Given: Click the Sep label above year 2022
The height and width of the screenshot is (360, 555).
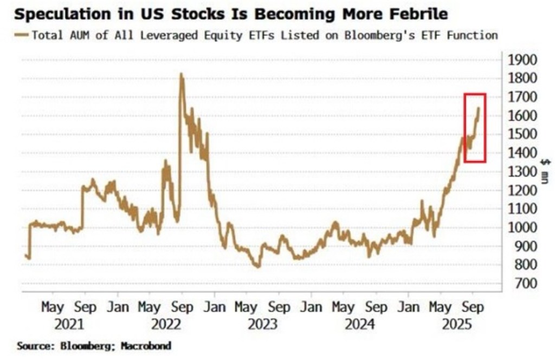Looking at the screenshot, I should click(182, 307).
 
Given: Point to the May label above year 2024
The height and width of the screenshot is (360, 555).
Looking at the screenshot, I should click(343, 307).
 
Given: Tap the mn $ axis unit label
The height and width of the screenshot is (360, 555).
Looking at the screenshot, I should click(544, 171).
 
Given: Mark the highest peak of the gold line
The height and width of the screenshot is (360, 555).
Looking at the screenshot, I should click(180, 74).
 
